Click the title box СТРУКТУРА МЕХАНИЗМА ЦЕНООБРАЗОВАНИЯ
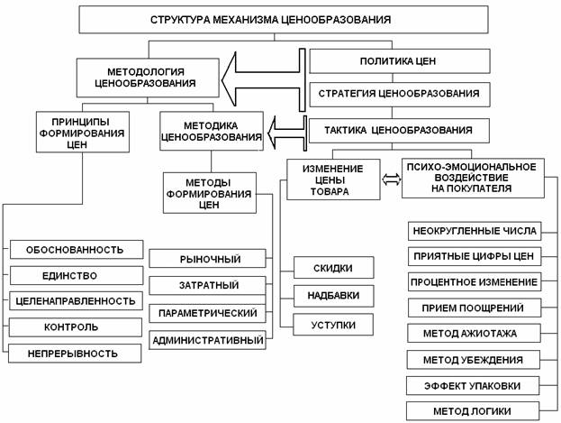coord(284,19)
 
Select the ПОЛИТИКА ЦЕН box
coord(399,61)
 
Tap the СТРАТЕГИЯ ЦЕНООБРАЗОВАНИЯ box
coord(399,94)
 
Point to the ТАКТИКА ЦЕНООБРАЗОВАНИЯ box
coord(399,131)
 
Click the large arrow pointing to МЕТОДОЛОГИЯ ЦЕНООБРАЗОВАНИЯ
coord(263,80)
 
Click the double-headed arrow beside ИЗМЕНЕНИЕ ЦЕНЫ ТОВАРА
coord(391,179)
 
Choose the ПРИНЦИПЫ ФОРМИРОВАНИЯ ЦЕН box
coord(83,132)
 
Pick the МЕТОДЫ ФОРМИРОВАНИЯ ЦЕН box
coord(210,193)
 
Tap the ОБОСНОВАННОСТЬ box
coord(77,250)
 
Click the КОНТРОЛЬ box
coord(75,327)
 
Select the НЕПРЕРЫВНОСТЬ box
coord(75,354)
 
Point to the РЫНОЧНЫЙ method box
coord(207,259)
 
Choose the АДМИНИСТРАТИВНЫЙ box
coord(207,340)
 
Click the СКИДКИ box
coord(334,268)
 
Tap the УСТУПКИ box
coord(333,325)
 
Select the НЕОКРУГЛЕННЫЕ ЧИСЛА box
coord(475,231)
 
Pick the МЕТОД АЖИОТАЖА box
coord(474,334)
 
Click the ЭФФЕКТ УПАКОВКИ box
coord(473,386)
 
